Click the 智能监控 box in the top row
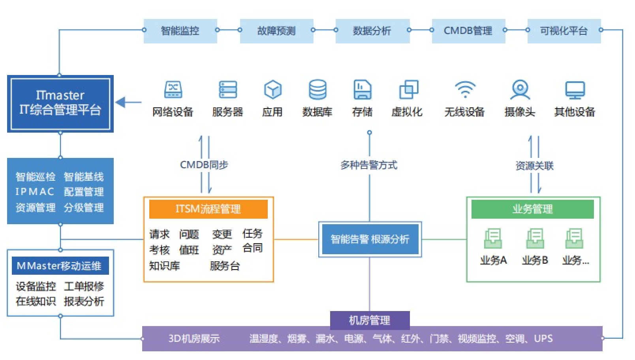click(x=180, y=31)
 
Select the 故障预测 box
click(x=277, y=31)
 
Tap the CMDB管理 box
click(x=469, y=31)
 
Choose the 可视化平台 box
click(x=564, y=31)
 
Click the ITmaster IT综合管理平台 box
click(x=60, y=104)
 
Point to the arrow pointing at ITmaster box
click(x=128, y=102)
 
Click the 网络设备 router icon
click(x=173, y=90)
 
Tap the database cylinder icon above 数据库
click(x=317, y=90)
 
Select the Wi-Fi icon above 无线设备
click(x=465, y=89)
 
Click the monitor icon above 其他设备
click(x=575, y=90)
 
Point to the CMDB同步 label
click(x=204, y=165)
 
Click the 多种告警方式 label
click(x=369, y=165)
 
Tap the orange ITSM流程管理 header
click(x=209, y=209)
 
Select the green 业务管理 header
click(x=533, y=209)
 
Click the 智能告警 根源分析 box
click(x=370, y=239)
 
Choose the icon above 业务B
click(x=535, y=238)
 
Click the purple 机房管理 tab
click(x=370, y=320)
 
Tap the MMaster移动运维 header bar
click(x=60, y=266)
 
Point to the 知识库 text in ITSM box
click(x=164, y=266)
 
